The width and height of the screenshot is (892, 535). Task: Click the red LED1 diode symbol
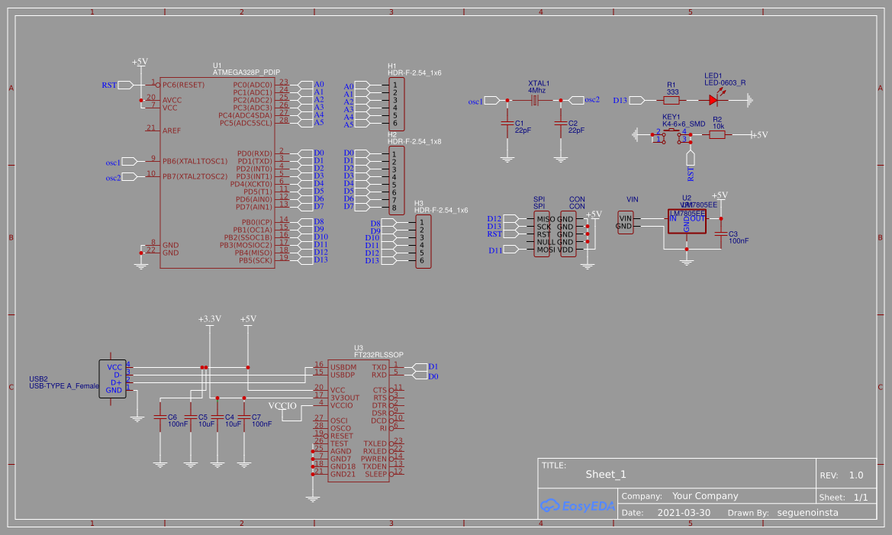[x=714, y=99]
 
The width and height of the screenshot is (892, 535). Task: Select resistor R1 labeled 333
[x=672, y=99]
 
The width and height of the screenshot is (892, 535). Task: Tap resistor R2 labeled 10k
[x=717, y=134]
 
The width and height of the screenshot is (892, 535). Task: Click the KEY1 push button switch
[x=671, y=135]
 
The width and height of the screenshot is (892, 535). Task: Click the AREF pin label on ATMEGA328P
[x=172, y=131]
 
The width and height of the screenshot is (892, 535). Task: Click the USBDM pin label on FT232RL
[x=343, y=367]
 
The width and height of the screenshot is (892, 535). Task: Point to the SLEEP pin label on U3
[x=376, y=474]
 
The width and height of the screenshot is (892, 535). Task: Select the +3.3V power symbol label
[x=209, y=319]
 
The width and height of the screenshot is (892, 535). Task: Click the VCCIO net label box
[x=282, y=406]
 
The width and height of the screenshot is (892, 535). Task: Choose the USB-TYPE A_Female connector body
[x=113, y=379]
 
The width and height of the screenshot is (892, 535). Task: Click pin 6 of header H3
[x=422, y=260]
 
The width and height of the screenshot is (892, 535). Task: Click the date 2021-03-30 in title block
[x=684, y=513]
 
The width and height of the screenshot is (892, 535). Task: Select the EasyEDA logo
[x=577, y=505]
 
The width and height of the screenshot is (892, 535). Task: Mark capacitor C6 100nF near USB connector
[x=159, y=417]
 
